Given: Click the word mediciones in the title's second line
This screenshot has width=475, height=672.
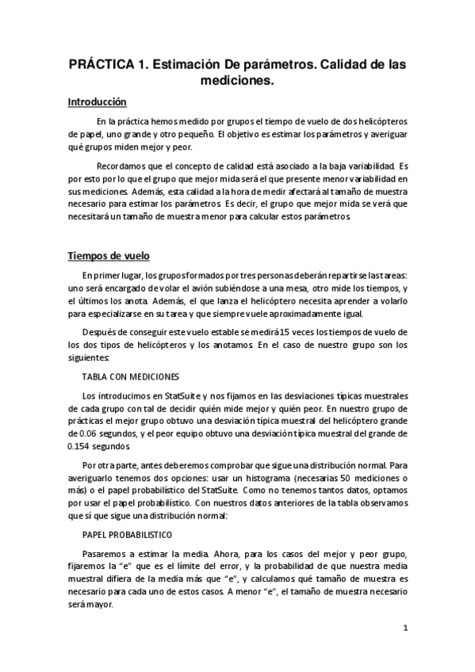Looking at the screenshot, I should [237, 80].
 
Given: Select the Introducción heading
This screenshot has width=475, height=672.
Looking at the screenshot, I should [97, 103].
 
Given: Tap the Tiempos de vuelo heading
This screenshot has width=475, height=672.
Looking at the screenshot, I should [103, 256].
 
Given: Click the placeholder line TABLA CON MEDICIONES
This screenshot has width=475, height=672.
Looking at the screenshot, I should [131, 376].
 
